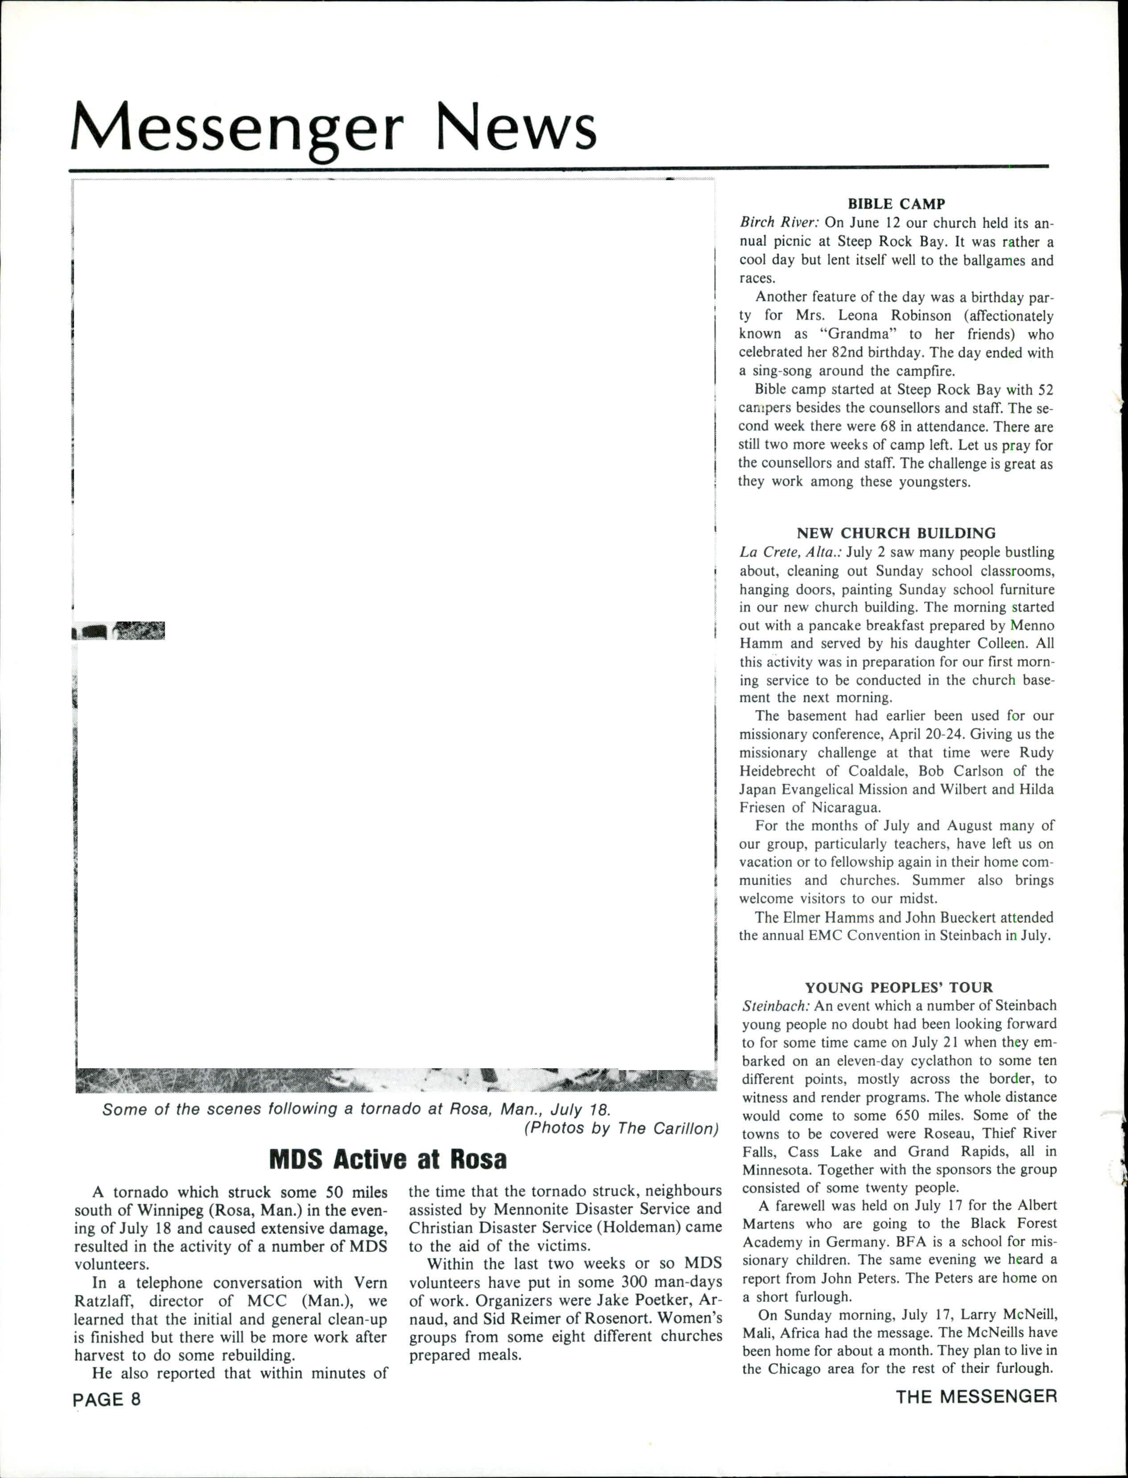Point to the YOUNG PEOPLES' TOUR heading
point(898,988)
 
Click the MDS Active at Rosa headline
point(388,1159)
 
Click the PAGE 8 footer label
point(107,1400)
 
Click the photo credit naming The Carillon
point(620,1128)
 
